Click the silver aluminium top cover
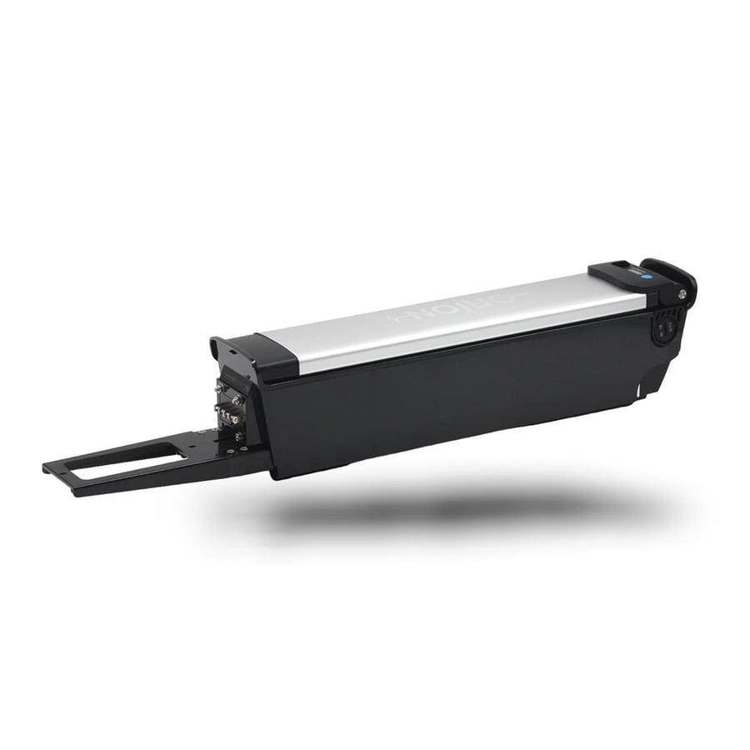click(x=450, y=317)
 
